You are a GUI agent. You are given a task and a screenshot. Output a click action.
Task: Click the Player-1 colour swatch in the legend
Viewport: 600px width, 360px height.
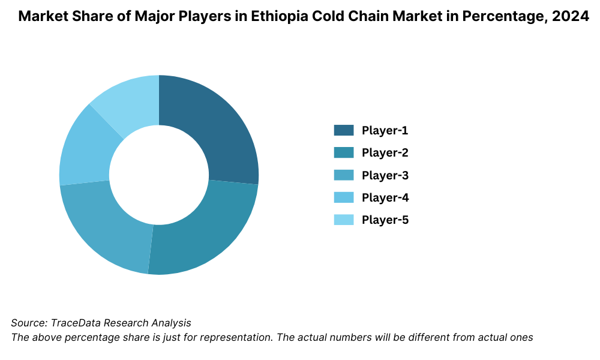[344, 130]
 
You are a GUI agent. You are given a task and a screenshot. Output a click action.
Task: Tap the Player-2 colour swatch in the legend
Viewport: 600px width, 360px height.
[344, 152]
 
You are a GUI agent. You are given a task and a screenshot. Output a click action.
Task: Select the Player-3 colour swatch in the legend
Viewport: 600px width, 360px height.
[344, 175]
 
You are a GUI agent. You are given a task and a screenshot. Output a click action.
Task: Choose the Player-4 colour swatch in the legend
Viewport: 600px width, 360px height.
[344, 197]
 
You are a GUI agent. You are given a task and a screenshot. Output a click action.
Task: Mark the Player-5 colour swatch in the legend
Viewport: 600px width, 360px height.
[344, 220]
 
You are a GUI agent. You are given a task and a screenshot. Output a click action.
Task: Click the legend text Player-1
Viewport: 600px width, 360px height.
[385, 130]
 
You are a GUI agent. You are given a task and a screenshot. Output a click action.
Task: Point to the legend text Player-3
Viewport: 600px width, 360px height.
[385, 175]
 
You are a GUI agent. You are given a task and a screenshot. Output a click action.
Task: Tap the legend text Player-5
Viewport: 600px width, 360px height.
[385, 220]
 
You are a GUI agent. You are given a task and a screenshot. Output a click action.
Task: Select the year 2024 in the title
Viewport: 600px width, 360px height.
[571, 17]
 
